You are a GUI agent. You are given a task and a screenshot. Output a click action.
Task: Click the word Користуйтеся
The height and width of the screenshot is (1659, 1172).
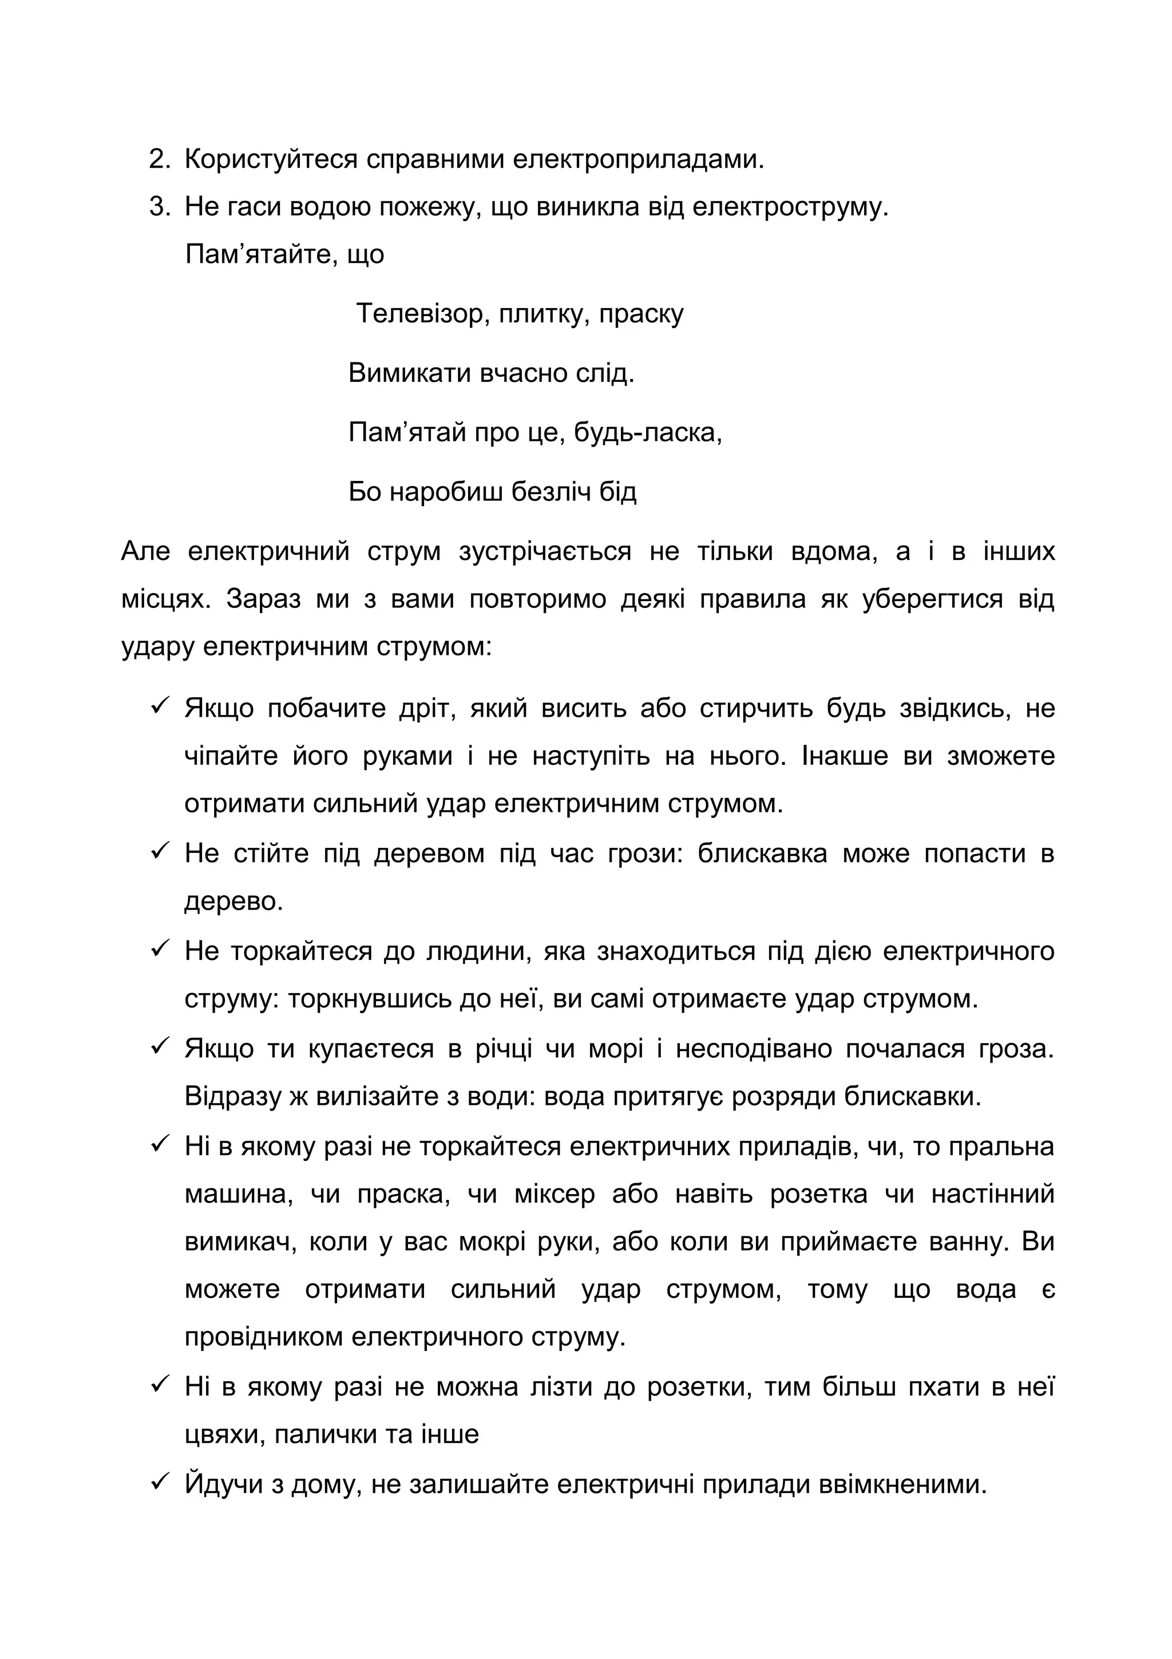[x=271, y=160]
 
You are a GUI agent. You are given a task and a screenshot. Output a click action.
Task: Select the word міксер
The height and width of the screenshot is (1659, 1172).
[x=555, y=1194]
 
